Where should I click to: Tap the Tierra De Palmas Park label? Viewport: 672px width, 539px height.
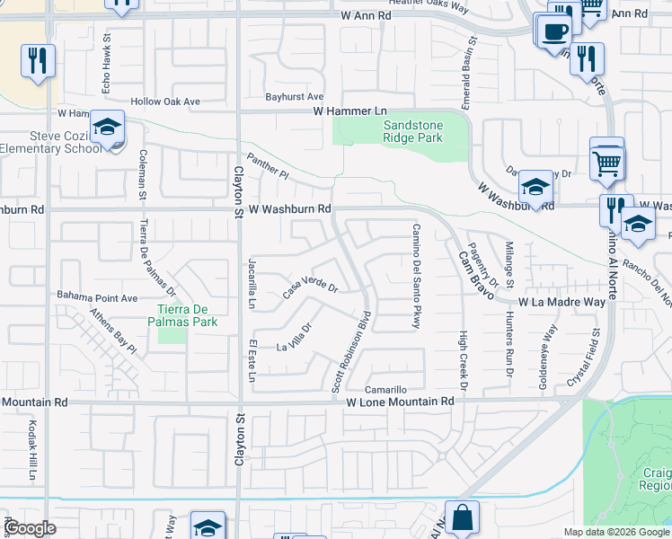click(182, 314)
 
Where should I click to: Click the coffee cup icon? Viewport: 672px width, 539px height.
click(553, 31)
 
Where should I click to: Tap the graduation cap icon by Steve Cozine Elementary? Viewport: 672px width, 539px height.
click(107, 129)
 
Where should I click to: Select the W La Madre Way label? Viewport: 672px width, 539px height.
click(561, 303)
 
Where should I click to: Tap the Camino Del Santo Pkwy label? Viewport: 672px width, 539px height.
click(416, 276)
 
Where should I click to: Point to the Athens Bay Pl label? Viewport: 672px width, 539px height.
click(113, 331)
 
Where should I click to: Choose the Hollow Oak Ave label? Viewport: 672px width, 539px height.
click(165, 102)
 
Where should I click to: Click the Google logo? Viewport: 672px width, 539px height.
click(31, 529)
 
